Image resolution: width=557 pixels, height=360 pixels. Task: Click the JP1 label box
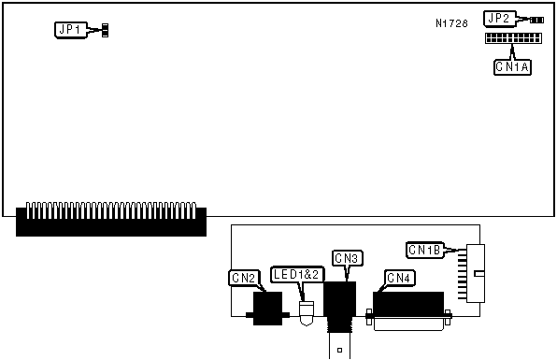point(71,30)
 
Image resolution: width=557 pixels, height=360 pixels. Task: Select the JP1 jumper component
point(105,31)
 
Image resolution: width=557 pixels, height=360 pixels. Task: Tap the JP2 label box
point(500,19)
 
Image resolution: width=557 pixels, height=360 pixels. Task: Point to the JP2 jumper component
point(536,21)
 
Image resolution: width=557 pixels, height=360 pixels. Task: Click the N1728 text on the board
point(451,23)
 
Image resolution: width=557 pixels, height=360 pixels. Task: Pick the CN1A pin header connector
point(513,38)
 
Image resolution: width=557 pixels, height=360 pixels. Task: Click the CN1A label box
point(512,66)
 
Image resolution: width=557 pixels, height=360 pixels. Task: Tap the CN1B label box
point(425,251)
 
